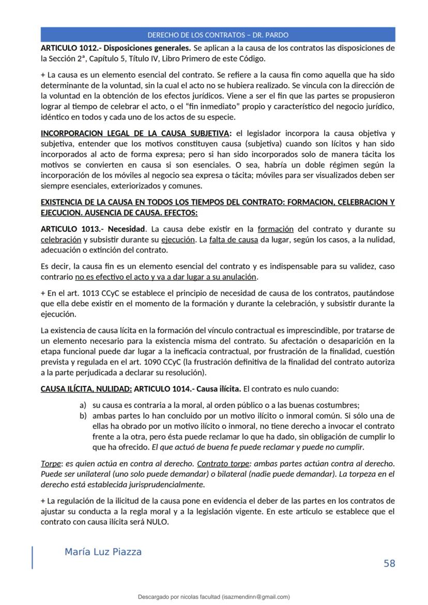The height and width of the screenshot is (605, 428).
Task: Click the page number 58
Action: [389, 563]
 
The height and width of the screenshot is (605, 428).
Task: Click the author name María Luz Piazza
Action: [103, 552]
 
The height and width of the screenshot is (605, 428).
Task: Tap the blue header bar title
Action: [218, 35]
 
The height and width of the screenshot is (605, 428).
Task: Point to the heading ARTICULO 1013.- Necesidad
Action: [93, 229]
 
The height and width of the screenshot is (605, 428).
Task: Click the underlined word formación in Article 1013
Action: [276, 229]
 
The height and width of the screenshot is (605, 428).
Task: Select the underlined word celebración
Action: [60, 240]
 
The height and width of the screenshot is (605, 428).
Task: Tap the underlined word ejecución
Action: [177, 240]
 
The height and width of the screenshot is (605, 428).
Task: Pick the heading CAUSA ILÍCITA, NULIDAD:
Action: [86, 389]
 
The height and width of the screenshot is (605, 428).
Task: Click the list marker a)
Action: [83, 406]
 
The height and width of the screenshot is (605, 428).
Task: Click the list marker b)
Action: [83, 416]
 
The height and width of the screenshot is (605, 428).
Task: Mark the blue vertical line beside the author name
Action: [33, 557]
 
